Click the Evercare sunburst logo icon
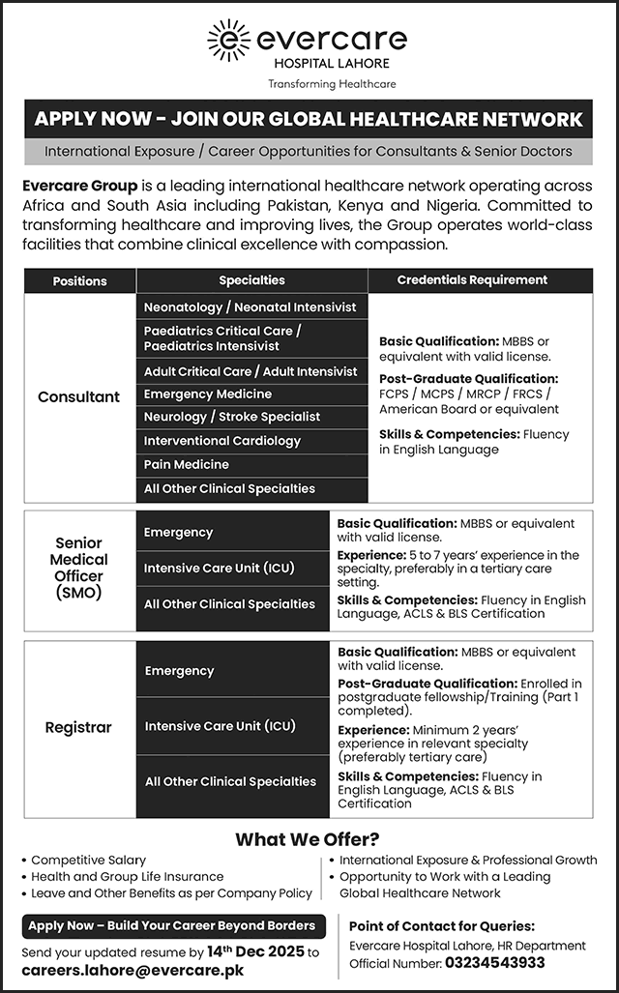click(229, 40)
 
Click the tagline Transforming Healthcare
click(332, 84)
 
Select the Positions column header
click(80, 280)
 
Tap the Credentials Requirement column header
click(472, 279)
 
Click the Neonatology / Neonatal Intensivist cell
click(250, 307)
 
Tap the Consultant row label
click(79, 396)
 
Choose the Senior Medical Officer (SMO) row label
click(79, 568)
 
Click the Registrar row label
click(78, 727)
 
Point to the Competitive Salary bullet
click(88, 860)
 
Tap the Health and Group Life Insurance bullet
click(127, 876)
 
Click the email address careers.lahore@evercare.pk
click(133, 970)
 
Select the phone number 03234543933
click(494, 963)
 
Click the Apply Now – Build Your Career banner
click(172, 925)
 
